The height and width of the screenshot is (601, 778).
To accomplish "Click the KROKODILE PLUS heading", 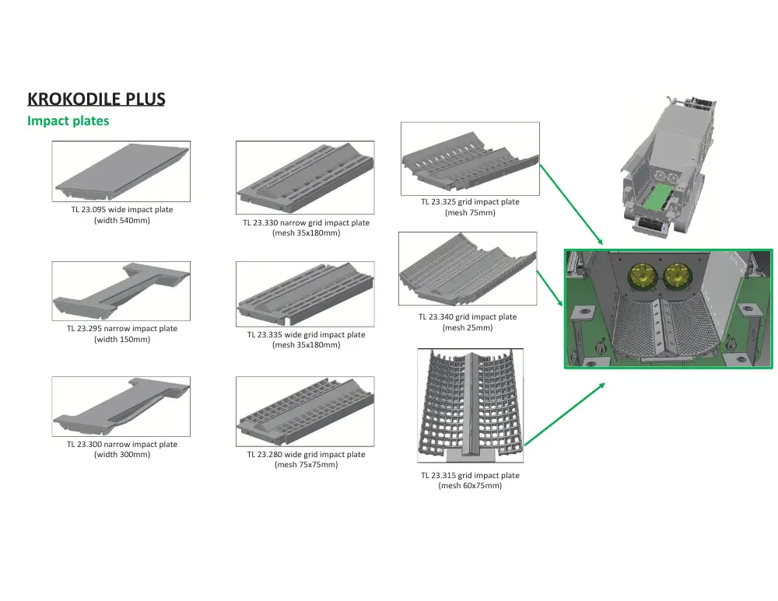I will (96, 100).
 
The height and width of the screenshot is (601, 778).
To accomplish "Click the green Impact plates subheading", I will (68, 121).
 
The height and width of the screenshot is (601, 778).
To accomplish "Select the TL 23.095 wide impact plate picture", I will (121, 171).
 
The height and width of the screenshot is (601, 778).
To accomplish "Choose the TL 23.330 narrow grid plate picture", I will (305, 179).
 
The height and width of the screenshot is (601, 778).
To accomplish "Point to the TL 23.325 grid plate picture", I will (470, 159).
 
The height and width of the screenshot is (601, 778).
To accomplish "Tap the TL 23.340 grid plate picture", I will (468, 269).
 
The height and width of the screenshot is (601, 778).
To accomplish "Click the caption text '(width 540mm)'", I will (122, 221).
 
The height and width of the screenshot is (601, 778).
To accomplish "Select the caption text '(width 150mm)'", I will (122, 339).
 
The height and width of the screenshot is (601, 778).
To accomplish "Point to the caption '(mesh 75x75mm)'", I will (306, 465).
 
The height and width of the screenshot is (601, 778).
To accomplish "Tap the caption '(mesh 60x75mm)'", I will (470, 486).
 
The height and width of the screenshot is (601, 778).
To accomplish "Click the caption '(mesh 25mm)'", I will (468, 327).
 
